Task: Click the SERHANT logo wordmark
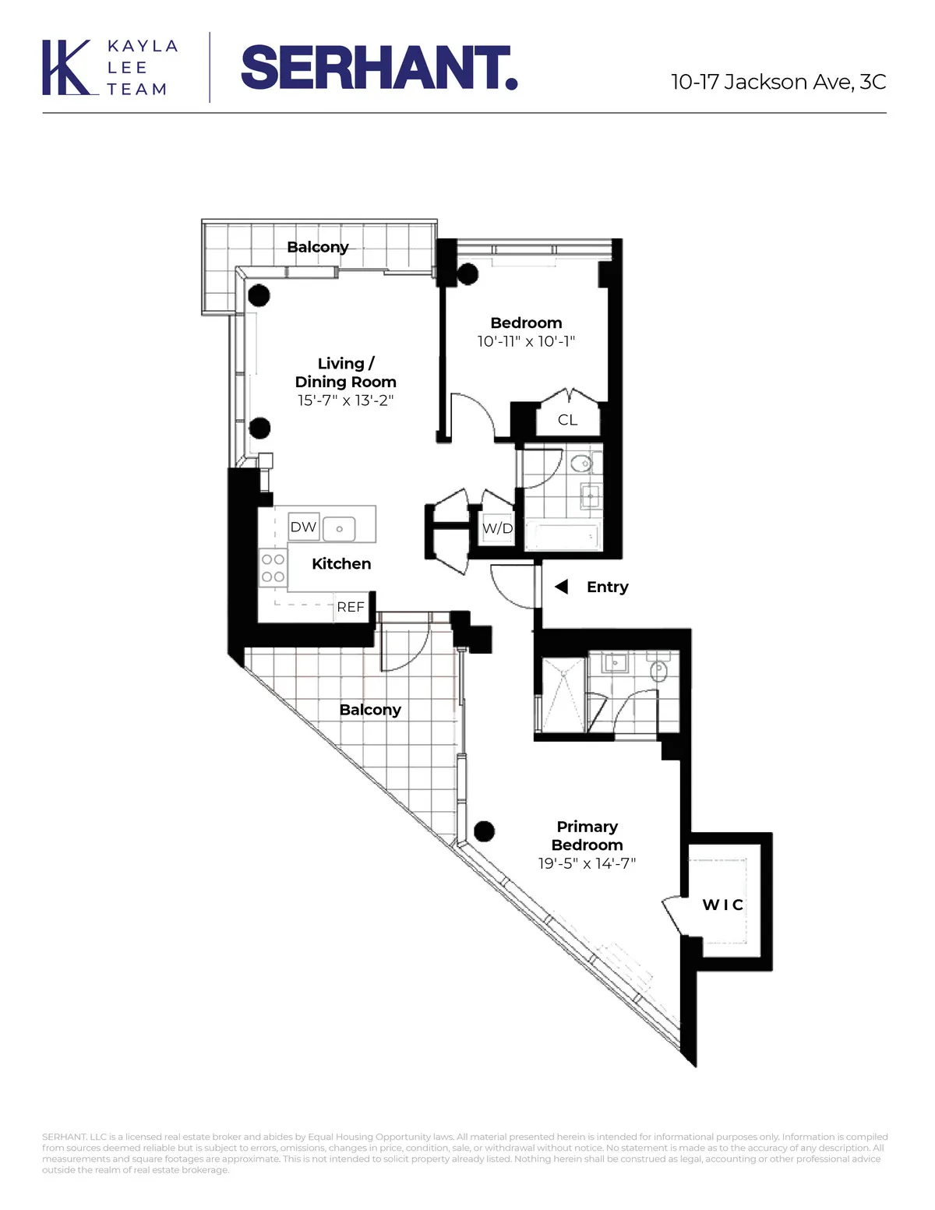(x=379, y=68)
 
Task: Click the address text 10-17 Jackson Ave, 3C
(x=778, y=82)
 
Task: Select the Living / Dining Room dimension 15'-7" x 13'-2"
(x=345, y=400)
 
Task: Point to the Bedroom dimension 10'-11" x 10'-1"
(x=526, y=341)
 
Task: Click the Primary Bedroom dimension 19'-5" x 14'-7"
(x=587, y=863)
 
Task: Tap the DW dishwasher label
(x=303, y=527)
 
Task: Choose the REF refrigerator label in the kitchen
(x=351, y=607)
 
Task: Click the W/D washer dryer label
(x=497, y=528)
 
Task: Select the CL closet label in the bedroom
(x=567, y=420)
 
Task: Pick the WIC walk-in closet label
(x=723, y=905)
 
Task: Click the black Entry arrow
(x=561, y=587)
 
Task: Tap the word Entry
(x=607, y=587)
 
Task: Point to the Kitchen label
(x=341, y=563)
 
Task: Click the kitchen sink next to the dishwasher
(x=339, y=528)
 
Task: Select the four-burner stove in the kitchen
(x=273, y=568)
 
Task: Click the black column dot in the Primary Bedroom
(x=485, y=831)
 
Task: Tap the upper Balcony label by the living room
(x=317, y=247)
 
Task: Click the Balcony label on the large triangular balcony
(x=370, y=710)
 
